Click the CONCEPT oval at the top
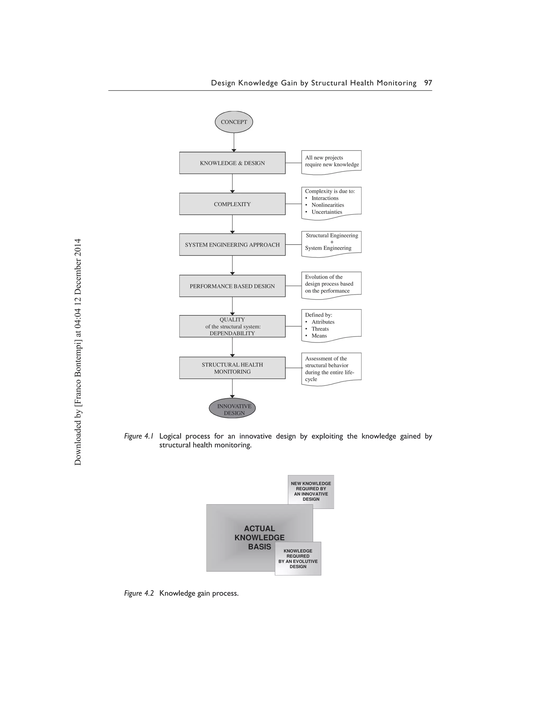(234, 122)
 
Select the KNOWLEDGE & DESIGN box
(232, 163)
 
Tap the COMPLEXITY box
(232, 204)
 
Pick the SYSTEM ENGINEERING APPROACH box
(232, 245)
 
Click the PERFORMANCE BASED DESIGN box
(232, 286)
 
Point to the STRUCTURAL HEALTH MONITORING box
(232, 368)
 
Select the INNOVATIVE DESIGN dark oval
(232, 409)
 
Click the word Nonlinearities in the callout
(328, 205)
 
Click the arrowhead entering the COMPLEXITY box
(232, 191)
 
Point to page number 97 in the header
(428, 83)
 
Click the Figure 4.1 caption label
(139, 436)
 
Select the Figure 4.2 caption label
(139, 593)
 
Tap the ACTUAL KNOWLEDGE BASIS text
(259, 537)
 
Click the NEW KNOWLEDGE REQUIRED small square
(311, 491)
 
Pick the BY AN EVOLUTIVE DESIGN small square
(298, 559)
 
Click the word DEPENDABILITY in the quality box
(232, 333)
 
